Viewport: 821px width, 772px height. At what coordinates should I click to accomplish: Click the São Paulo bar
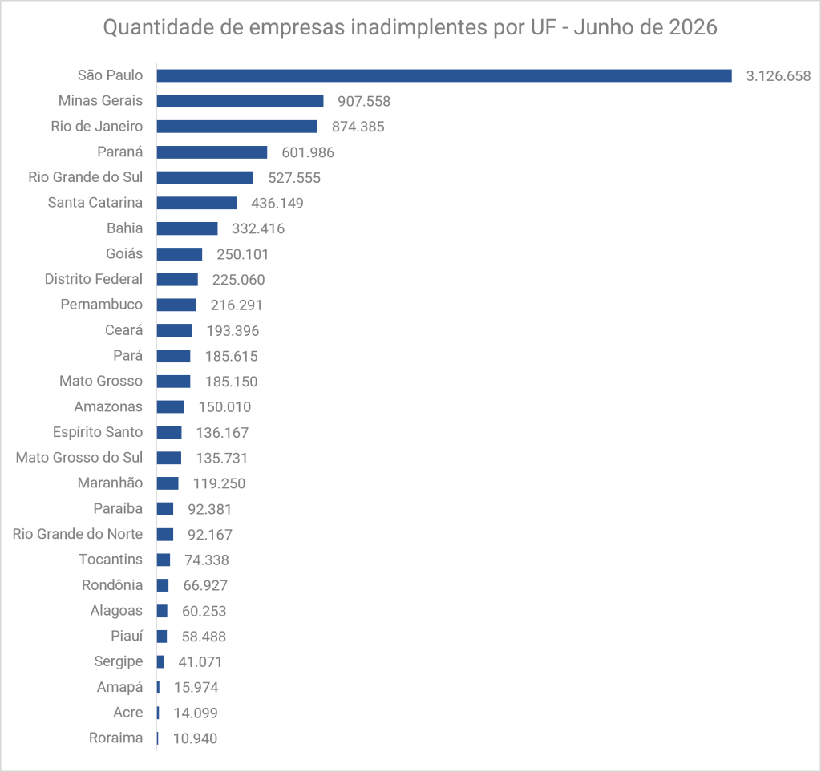tap(444, 76)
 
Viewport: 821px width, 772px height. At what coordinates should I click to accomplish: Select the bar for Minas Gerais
tap(240, 101)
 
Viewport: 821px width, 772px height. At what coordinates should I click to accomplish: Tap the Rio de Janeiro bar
tap(237, 127)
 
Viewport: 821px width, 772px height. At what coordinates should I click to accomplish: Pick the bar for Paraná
tap(212, 152)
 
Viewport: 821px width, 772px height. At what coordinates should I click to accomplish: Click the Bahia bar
tap(187, 228)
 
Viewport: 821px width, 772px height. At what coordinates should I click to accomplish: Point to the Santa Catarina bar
tap(196, 203)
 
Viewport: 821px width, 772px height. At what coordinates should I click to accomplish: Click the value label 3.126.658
tap(778, 76)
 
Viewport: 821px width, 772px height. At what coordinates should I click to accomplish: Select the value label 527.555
tap(294, 178)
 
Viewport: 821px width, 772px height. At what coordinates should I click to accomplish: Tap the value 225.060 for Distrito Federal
tap(238, 280)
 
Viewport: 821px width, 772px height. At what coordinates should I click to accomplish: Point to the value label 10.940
tap(195, 738)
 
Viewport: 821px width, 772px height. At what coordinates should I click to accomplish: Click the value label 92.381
tap(209, 509)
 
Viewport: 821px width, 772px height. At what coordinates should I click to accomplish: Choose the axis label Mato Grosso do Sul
tap(79, 458)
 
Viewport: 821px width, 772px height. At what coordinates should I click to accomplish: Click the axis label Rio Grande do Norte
tap(78, 534)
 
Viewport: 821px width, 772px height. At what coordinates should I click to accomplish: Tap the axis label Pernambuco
tap(102, 305)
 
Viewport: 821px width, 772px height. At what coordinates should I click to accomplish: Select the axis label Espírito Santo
tap(98, 432)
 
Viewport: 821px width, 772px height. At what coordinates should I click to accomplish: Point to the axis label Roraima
tap(115, 738)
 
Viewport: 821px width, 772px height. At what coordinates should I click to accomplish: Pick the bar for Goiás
tap(179, 254)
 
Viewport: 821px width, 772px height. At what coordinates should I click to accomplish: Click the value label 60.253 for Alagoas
tap(204, 612)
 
